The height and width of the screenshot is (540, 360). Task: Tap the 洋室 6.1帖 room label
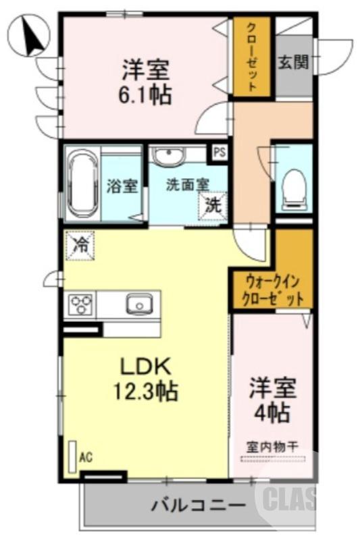(x=146, y=81)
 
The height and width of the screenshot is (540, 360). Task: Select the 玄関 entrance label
(x=293, y=63)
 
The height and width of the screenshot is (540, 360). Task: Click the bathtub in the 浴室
(x=82, y=183)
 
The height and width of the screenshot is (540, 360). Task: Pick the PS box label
(x=220, y=153)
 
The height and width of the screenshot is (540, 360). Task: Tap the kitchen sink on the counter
(x=139, y=305)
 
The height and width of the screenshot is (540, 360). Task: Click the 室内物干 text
(x=272, y=447)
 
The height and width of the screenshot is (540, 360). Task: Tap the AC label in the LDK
(x=86, y=457)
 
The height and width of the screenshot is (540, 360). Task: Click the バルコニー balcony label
(x=188, y=505)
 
